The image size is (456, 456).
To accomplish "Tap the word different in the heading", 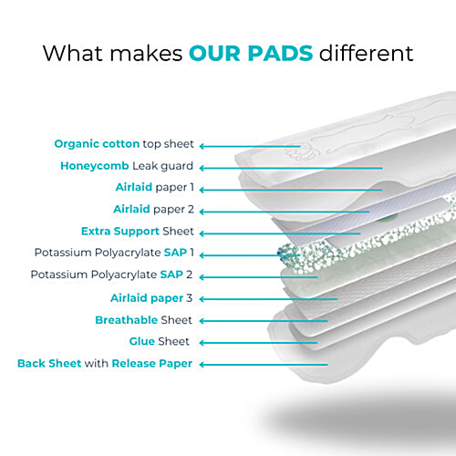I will tap(364, 52).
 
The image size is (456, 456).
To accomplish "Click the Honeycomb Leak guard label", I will tap(127, 166).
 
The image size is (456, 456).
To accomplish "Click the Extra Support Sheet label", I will tap(141, 231).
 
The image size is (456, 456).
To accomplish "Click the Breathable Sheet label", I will tap(143, 320).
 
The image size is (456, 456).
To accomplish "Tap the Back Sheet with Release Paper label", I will tap(105, 364).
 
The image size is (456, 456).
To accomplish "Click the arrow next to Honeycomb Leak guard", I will tap(292, 167).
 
